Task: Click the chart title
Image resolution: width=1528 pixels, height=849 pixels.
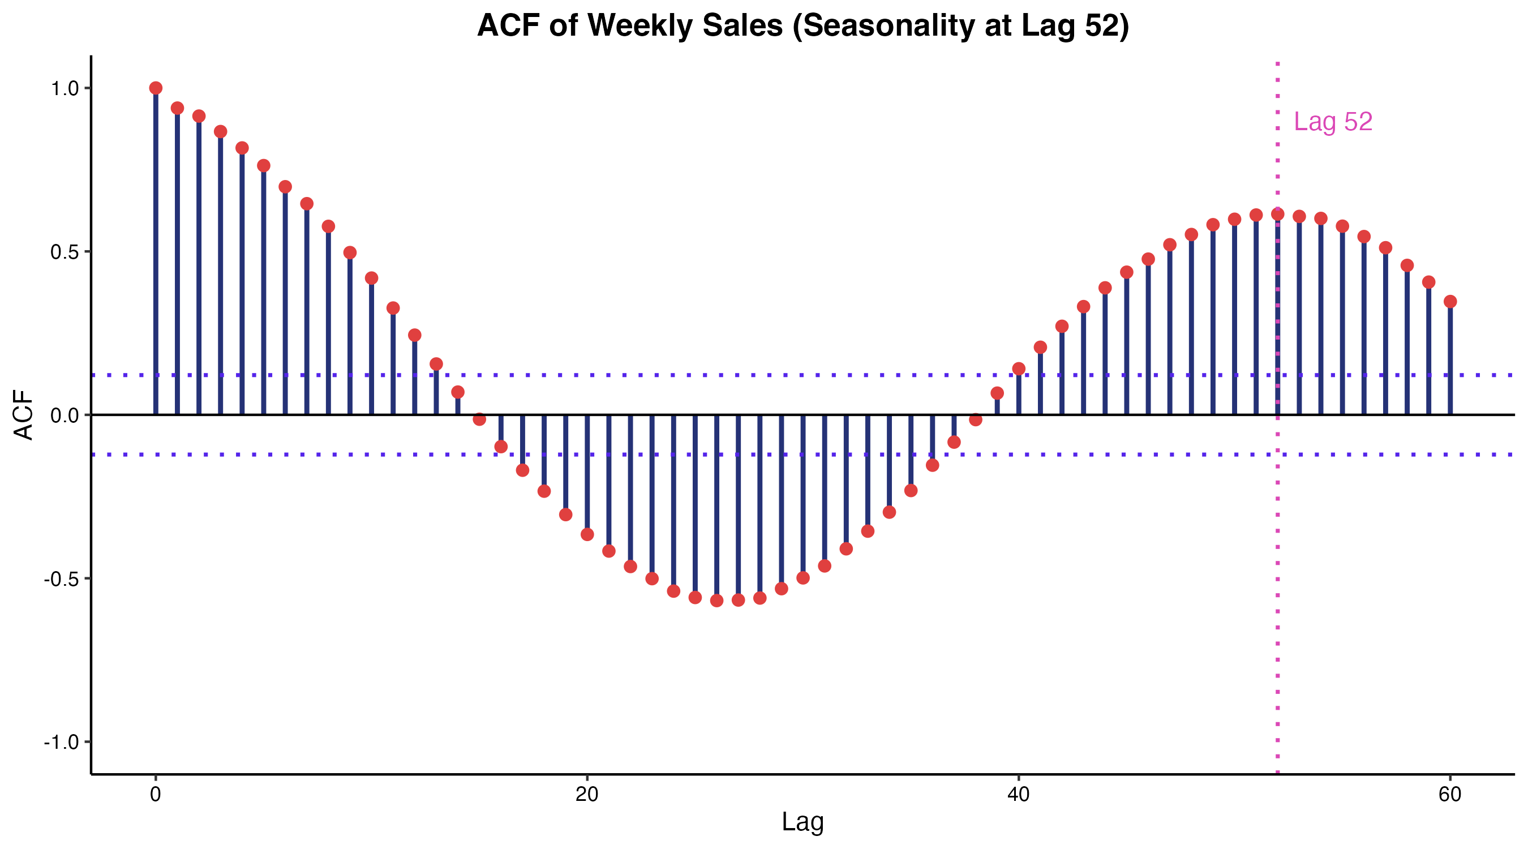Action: [x=802, y=26]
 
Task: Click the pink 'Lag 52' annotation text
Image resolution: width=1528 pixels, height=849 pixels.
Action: [x=1333, y=122]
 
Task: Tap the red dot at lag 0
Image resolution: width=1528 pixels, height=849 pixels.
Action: [x=156, y=88]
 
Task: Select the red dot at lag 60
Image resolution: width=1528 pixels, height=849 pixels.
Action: [x=1450, y=301]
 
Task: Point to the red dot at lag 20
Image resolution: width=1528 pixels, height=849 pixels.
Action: [x=587, y=534]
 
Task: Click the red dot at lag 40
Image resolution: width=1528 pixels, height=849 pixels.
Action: [x=1019, y=369]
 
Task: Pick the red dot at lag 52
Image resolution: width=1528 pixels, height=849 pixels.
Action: [x=1278, y=214]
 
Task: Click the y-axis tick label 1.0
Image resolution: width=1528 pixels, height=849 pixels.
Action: [x=65, y=88]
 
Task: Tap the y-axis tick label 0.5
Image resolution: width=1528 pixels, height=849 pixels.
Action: [x=65, y=252]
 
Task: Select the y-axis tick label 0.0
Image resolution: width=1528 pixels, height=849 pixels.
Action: [x=65, y=415]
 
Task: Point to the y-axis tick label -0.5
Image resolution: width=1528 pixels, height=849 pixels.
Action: [x=62, y=579]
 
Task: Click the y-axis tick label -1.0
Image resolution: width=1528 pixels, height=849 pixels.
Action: [x=62, y=742]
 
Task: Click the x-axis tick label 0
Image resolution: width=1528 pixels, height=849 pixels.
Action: [x=156, y=795]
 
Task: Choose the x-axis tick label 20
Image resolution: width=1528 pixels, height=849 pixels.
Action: [x=587, y=795]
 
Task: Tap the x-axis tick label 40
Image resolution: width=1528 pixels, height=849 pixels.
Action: [x=1019, y=795]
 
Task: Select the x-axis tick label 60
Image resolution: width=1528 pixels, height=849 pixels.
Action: [x=1450, y=795]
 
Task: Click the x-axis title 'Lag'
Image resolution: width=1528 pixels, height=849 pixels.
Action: [x=802, y=822]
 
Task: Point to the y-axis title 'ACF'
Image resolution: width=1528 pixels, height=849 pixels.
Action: [x=24, y=415]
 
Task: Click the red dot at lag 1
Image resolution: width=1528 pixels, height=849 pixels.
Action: [x=177, y=108]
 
